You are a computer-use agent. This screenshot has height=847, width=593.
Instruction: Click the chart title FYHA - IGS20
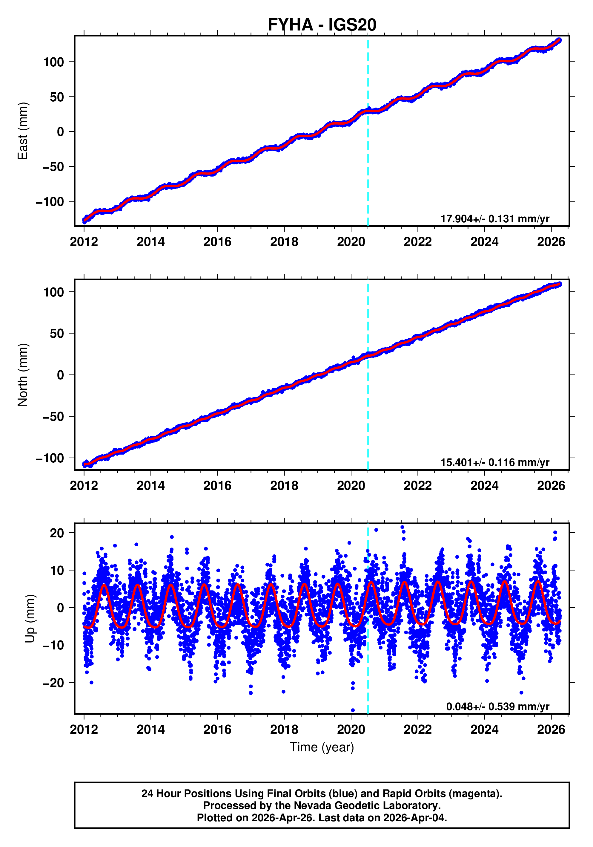point(322,25)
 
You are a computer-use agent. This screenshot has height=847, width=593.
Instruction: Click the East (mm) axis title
point(23,131)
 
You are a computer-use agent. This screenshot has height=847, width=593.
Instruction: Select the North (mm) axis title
point(23,375)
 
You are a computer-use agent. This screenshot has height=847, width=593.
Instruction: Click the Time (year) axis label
point(322,747)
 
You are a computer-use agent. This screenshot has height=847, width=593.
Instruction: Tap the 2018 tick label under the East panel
point(284,242)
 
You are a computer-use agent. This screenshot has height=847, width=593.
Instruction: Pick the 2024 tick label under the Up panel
point(484,730)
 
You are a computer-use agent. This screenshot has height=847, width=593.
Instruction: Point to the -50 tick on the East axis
point(53,167)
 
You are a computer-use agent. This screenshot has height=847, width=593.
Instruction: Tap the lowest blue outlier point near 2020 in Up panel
point(353,710)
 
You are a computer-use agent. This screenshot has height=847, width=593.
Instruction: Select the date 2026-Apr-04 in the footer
point(414,818)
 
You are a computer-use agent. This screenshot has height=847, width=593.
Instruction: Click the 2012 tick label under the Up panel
point(84,730)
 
